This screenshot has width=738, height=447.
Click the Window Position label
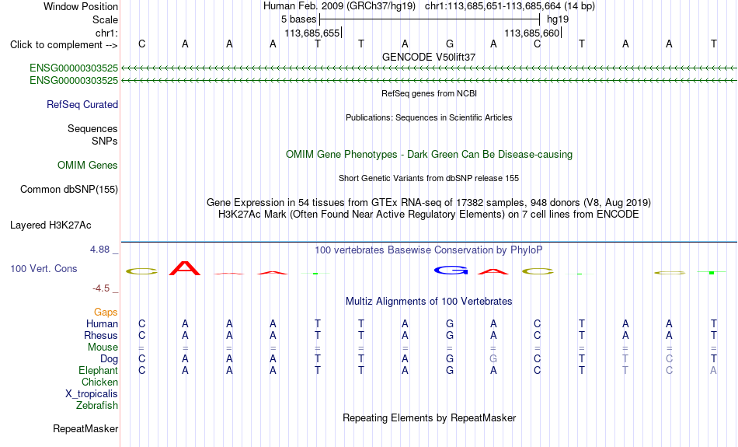pos(81,6)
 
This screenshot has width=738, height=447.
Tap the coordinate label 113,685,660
pos(532,33)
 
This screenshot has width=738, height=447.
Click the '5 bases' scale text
pos(299,19)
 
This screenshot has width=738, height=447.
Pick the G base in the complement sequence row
pos(450,44)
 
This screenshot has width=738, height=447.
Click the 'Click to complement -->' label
pos(64,45)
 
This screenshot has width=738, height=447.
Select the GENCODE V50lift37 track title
pos(429,57)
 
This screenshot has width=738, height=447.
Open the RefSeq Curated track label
pos(82,105)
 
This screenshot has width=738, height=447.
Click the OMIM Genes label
pos(88,166)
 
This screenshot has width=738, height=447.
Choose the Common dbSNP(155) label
pos(69,190)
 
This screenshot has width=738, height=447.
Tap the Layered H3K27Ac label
pos(50,225)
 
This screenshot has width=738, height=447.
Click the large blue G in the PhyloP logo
pos(451,271)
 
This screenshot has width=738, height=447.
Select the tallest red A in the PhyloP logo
pos(185,268)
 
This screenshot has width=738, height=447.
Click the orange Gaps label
pos(106,313)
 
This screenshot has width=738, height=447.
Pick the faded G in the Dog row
pos(493,359)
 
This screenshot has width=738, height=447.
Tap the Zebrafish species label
pos(97,406)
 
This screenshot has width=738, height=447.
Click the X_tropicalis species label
pos(92,394)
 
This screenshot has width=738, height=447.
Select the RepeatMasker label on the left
pos(85,428)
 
